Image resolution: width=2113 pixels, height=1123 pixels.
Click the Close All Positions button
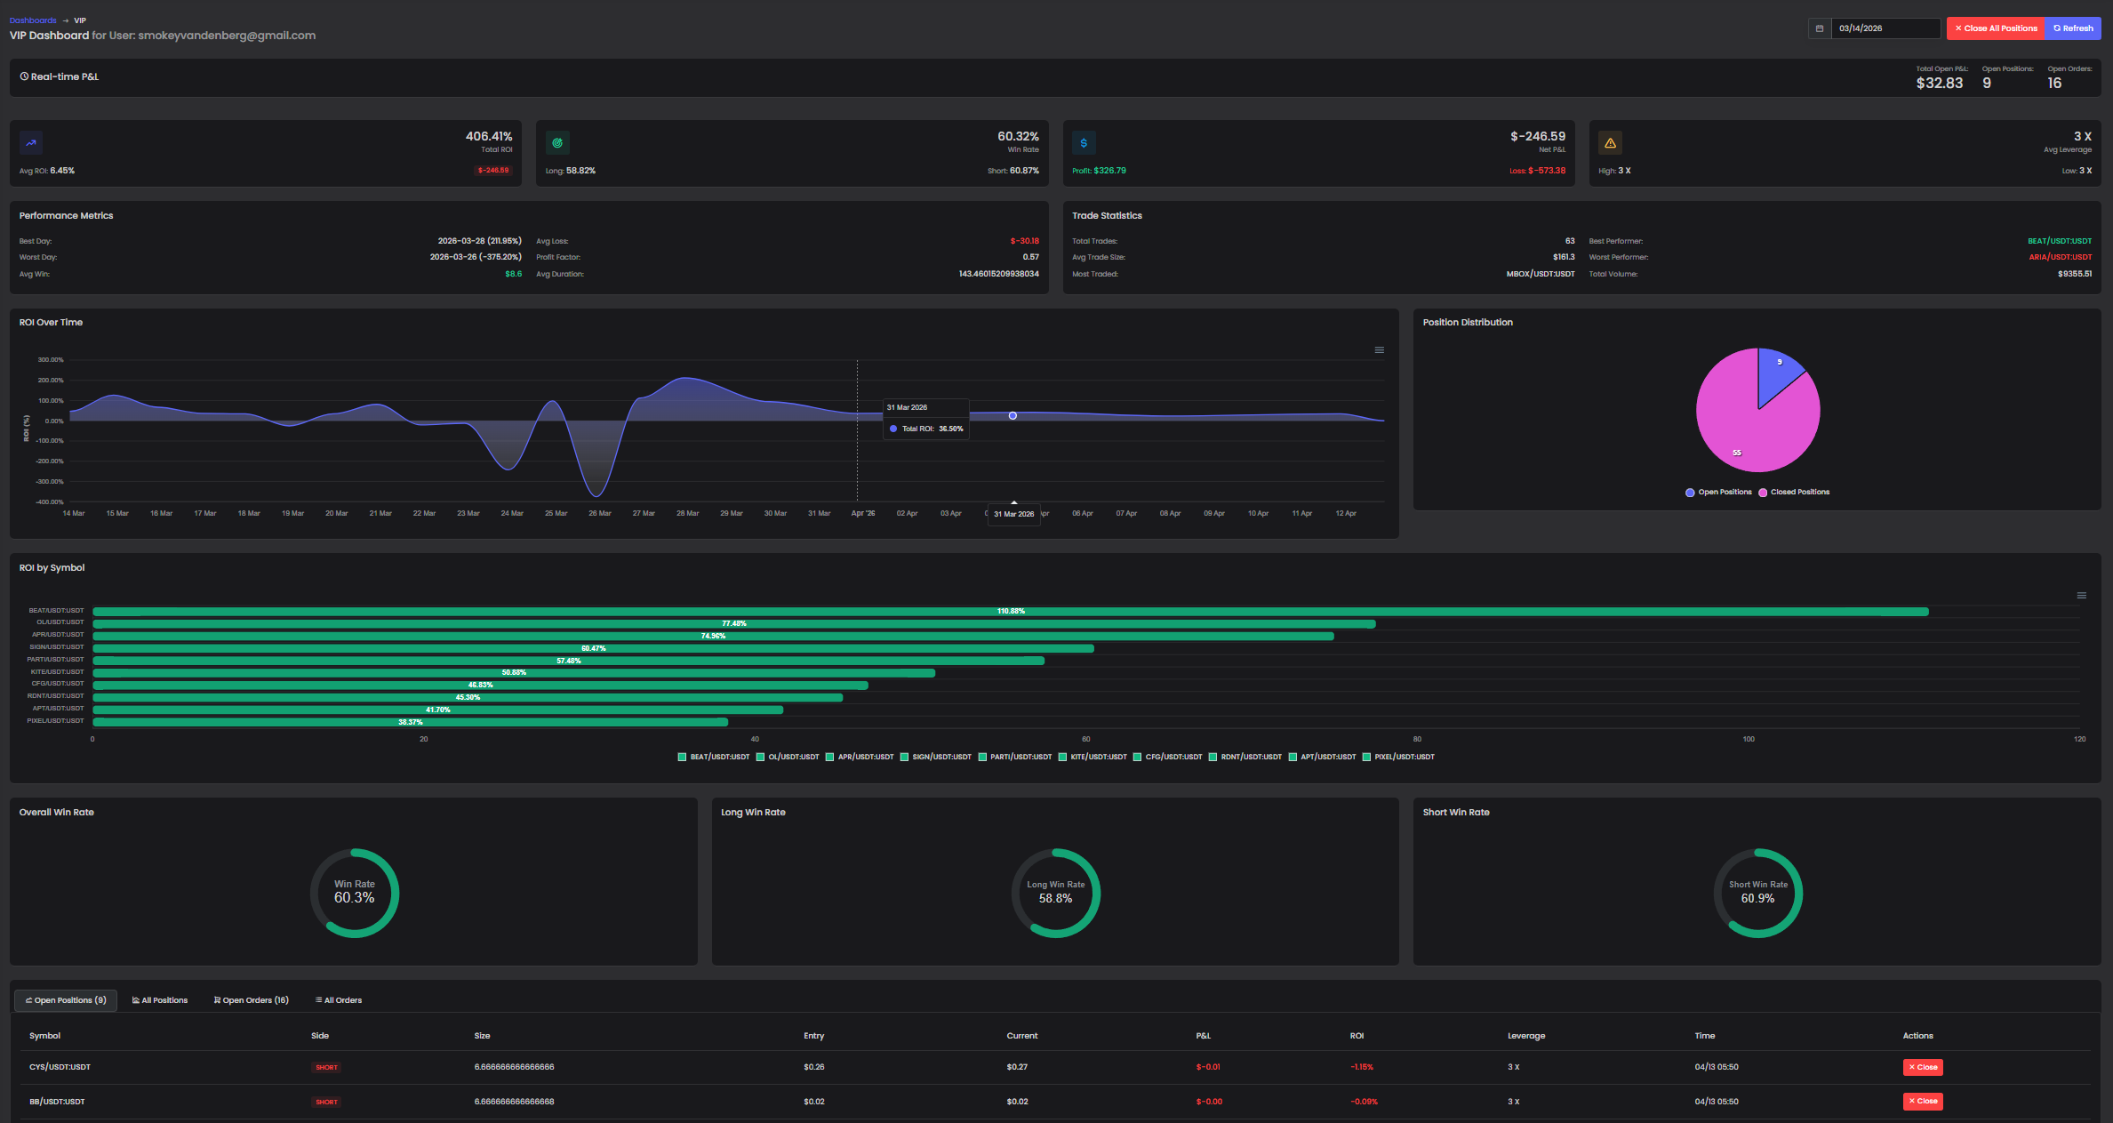[x=1995, y=28]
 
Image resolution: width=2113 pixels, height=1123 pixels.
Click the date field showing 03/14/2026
[x=1885, y=28]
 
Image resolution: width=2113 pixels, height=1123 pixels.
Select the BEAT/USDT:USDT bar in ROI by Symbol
[x=1010, y=612]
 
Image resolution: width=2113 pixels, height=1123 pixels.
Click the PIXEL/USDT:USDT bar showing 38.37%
[x=410, y=722]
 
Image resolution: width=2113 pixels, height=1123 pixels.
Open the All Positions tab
[x=160, y=1000]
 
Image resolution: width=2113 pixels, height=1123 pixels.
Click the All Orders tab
[x=339, y=1000]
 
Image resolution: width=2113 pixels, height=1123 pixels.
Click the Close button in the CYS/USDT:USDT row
[x=1923, y=1067]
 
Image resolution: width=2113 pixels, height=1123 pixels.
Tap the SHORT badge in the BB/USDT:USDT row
[x=326, y=1102]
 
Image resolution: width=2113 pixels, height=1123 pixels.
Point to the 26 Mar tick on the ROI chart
[x=600, y=513]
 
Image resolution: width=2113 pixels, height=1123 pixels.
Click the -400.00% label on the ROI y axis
[x=50, y=502]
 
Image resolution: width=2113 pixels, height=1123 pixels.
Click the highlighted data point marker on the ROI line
[x=1012, y=415]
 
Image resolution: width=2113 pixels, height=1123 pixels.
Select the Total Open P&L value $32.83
[x=1939, y=83]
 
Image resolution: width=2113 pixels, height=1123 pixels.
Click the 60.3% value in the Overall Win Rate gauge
[x=354, y=898]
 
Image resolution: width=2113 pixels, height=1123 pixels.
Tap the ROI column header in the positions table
[x=1357, y=1036]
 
